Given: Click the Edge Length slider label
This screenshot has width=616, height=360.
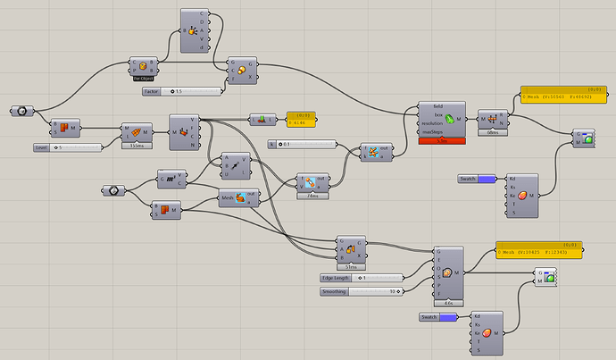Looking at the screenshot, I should pyautogui.click(x=336, y=278).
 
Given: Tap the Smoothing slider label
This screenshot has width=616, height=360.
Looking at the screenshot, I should pyautogui.click(x=336, y=291).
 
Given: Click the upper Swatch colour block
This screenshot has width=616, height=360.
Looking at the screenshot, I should pyautogui.click(x=486, y=180).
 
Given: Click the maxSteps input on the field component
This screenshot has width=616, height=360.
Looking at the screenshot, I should pyautogui.click(x=432, y=132).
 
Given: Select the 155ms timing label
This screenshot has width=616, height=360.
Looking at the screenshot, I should pyautogui.click(x=137, y=146).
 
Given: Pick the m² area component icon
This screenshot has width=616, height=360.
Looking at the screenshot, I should pyautogui.click(x=170, y=180).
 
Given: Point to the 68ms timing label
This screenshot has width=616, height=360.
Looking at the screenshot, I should pyautogui.click(x=494, y=131).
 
